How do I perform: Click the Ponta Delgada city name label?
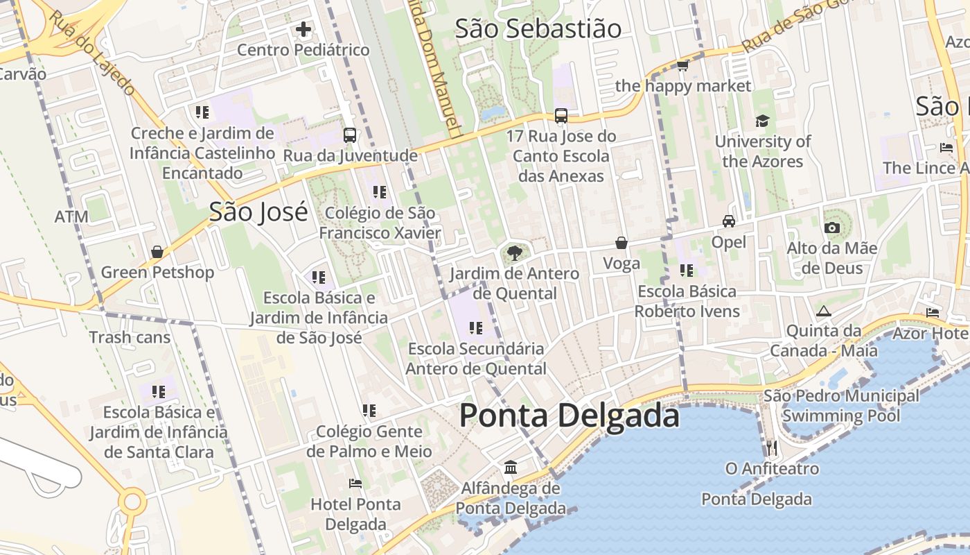569,416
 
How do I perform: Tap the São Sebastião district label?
538,28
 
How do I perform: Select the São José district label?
258,212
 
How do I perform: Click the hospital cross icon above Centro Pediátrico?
303,30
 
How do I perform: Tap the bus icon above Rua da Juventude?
350,135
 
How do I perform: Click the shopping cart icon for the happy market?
682,66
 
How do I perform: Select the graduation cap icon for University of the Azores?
762,121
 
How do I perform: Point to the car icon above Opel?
729,221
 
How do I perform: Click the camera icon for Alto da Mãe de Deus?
831,228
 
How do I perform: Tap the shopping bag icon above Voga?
621,243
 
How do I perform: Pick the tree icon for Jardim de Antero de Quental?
514,253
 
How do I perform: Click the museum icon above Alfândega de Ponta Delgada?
511,467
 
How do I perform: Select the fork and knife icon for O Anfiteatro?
772,448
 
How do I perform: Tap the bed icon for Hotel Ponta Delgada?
355,483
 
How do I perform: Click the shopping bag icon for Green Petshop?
157,251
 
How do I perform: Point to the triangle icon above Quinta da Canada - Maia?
823,311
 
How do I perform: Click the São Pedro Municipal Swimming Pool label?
841,406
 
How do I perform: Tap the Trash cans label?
130,337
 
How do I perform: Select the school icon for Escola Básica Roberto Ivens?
687,270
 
